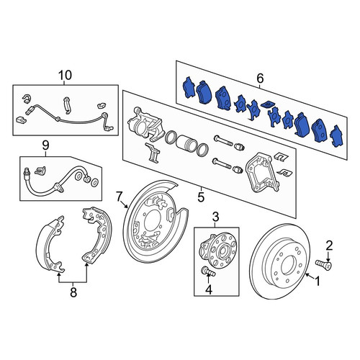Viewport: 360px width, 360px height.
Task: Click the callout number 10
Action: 66,75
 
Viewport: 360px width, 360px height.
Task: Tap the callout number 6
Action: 260,78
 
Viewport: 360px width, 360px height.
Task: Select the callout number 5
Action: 201,197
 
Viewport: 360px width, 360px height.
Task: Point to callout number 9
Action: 45,145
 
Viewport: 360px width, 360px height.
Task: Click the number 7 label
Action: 119,196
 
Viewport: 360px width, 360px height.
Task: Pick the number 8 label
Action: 73,292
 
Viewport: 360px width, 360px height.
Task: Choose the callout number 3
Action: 216,217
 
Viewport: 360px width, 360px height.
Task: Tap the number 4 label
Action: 209,289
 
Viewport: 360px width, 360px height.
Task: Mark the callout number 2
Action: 329,246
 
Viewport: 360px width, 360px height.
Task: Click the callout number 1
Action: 318,282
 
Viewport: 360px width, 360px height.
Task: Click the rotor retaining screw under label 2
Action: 323,264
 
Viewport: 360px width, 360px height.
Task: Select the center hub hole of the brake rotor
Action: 288,265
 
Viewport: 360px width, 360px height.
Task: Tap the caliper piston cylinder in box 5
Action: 186,144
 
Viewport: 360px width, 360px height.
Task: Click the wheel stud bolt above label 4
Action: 208,271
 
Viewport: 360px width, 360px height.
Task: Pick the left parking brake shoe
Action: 50,244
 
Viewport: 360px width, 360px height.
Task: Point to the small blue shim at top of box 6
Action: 267,104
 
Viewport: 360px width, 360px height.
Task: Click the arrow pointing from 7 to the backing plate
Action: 124,204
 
